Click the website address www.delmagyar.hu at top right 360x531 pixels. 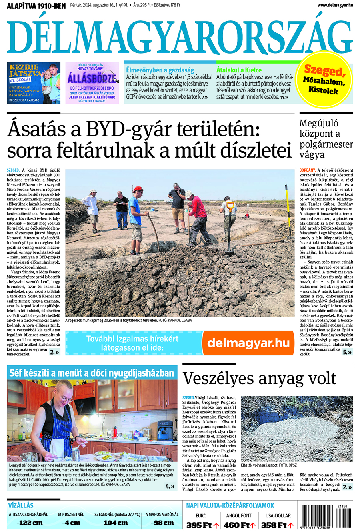[x=335, y=5]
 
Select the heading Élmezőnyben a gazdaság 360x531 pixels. [x=160, y=70]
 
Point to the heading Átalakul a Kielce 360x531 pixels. [x=239, y=70]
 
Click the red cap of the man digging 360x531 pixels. [x=138, y=189]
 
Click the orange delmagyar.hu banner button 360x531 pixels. [x=248, y=343]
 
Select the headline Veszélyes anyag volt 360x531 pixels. [x=259, y=378]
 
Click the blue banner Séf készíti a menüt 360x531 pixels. [x=92, y=373]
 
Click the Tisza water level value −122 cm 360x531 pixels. [x=30, y=523]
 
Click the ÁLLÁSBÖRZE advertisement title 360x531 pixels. [x=92, y=78]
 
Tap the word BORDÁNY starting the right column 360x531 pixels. [x=307, y=170]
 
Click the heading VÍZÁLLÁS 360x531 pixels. [x=20, y=505]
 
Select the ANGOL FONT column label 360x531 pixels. [x=239, y=515]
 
